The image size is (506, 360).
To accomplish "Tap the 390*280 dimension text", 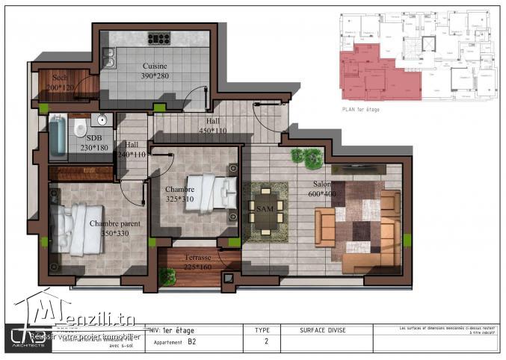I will coord(155,76).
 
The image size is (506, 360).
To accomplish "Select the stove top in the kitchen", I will coord(158,37).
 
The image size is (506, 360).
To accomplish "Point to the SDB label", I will coord(93,138).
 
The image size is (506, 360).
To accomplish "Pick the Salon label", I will coord(322,184).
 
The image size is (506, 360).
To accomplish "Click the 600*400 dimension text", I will coord(321,193).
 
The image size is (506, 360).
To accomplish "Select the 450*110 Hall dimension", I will coord(213,131).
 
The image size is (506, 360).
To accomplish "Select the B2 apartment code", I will coord(192,343).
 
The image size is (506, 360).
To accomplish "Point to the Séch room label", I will coord(59,78).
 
